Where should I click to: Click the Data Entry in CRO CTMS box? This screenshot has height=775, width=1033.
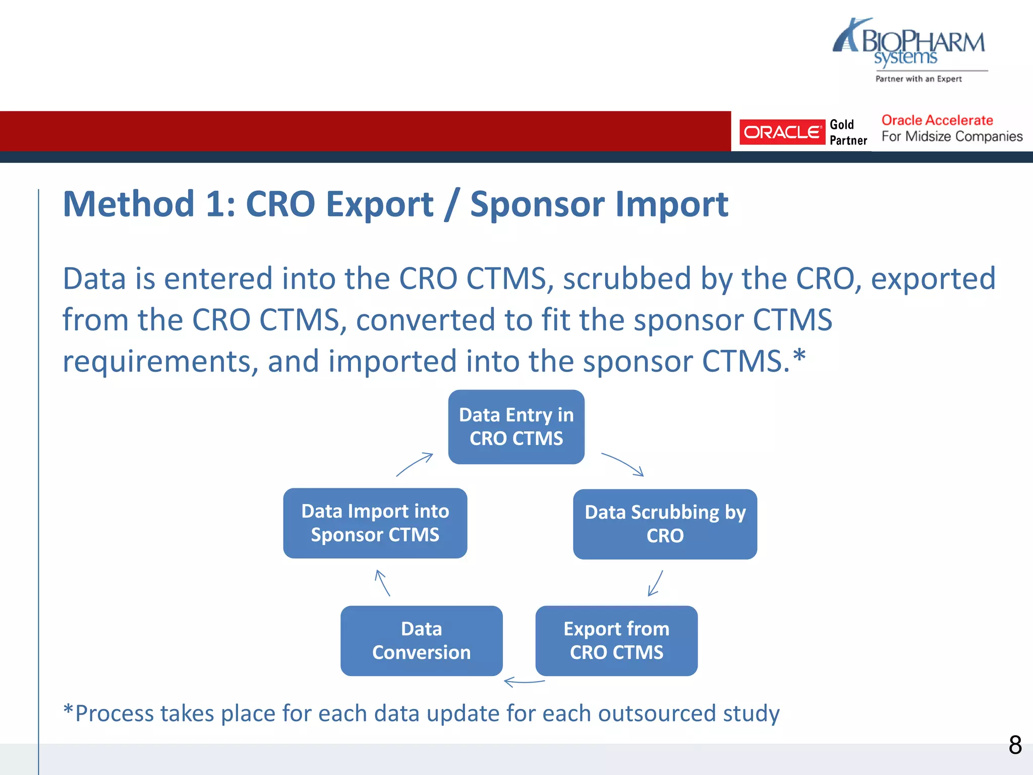click(x=516, y=427)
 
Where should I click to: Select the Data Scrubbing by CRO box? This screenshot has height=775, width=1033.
click(x=665, y=524)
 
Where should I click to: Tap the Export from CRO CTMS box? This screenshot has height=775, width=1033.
click(x=616, y=640)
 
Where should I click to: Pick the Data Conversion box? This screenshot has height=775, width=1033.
click(x=421, y=640)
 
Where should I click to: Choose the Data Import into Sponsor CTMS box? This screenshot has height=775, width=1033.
click(x=375, y=523)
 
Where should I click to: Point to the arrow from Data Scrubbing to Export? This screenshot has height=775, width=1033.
click(x=655, y=583)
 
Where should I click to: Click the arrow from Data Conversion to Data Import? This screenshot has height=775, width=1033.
click(x=382, y=583)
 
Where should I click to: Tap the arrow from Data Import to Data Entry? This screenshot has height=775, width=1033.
click(x=415, y=464)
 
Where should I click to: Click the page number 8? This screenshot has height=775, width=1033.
click(x=1015, y=745)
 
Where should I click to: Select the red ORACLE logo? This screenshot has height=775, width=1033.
click(x=782, y=132)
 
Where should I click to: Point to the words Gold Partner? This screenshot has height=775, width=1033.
click(x=848, y=132)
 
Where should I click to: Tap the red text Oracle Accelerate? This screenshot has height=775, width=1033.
click(x=937, y=120)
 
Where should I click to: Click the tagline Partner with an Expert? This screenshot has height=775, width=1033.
click(x=918, y=79)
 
